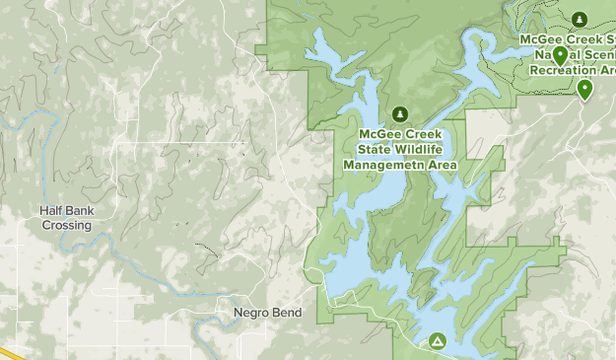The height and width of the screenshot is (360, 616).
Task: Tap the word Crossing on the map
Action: click(67, 225)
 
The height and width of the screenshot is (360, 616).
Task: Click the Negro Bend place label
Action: click(267, 313)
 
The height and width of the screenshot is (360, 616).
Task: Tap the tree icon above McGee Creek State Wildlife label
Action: click(399, 113)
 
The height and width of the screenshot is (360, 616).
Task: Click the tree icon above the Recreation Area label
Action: click(580, 19)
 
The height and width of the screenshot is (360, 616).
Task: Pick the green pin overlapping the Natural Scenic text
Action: click(560, 55)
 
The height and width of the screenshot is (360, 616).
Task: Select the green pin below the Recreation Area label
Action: click(585, 90)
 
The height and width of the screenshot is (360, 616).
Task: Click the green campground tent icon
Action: click(437, 341)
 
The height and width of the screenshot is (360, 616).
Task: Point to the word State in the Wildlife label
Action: click(369, 149)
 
